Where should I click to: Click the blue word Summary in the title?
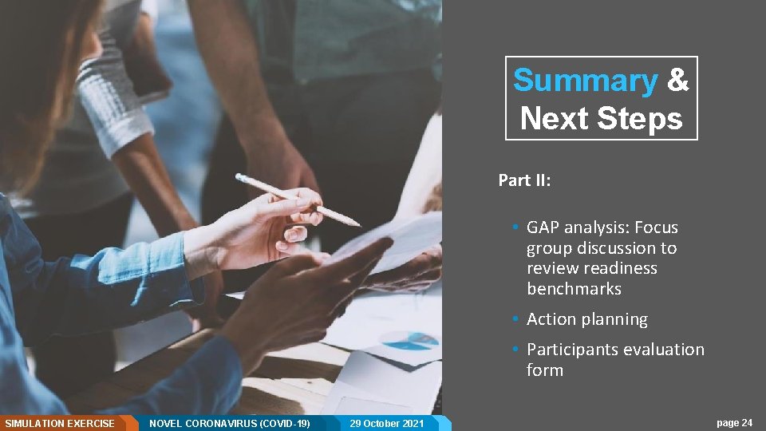coord(585,81)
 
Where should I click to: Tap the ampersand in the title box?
coord(677,81)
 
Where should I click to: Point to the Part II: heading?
coord(524,180)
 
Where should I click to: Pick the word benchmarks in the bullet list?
coord(574,289)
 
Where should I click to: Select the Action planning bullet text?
coord(586,319)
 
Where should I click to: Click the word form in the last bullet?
coord(544,370)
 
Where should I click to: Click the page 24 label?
coord(734,423)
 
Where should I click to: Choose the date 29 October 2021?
coord(387,423)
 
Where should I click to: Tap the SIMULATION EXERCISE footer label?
coord(60,423)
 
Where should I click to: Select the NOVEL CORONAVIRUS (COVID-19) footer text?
coord(230,423)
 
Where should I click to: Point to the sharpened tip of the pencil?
coord(357,224)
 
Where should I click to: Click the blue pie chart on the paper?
coord(410,341)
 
